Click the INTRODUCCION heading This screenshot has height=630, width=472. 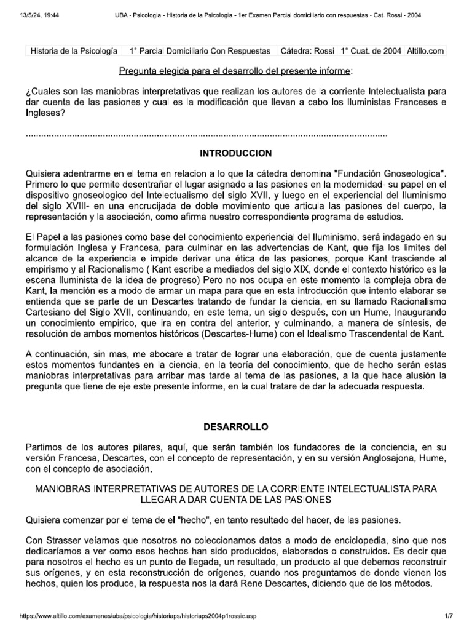236,153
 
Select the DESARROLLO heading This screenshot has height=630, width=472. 236,426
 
